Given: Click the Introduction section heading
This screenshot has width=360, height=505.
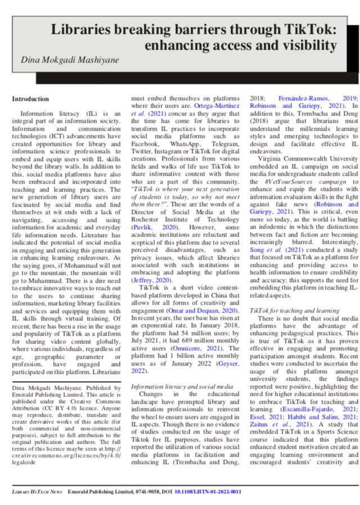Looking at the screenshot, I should pyautogui.click(x=30, y=99).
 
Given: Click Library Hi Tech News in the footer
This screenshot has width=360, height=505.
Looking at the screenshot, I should pyautogui.click(x=37, y=491).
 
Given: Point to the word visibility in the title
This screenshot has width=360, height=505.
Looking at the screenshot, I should pyautogui.click(x=304, y=45).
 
